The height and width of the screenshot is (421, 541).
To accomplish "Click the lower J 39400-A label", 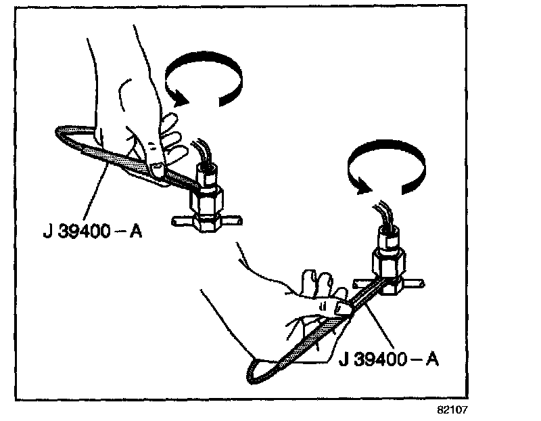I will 388,358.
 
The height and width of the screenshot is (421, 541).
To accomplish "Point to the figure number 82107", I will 452,409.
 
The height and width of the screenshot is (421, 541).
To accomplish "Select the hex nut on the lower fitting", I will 387,261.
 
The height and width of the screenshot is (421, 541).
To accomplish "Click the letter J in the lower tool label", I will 342,358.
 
